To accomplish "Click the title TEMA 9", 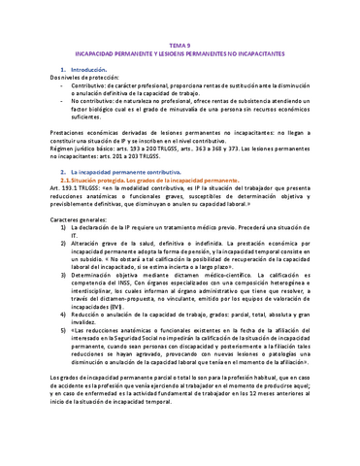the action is coord(181,46).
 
